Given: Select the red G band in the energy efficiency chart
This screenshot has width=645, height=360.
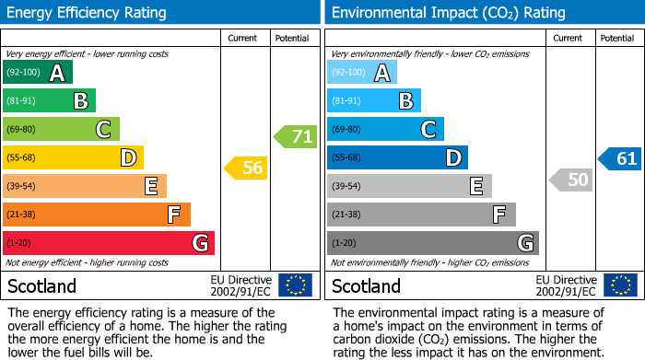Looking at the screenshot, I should tap(109, 243).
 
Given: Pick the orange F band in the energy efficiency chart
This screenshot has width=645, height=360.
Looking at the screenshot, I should tap(97, 215).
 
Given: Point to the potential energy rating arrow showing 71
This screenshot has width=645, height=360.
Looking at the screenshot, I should tap(296, 137).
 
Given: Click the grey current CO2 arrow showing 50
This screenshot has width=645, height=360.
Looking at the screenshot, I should tap(571, 180).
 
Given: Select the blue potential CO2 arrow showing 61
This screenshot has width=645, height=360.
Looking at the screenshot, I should tap(620, 158).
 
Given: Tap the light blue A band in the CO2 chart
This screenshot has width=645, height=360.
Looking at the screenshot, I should tap(362, 73).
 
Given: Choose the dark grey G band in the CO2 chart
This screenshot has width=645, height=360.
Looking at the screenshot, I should tap(432, 243).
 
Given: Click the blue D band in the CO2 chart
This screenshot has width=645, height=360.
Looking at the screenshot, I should tap(397, 158).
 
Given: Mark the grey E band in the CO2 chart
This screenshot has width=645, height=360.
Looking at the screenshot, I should tap(409, 186).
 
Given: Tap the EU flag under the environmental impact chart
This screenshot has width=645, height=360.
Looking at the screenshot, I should tap(622, 285).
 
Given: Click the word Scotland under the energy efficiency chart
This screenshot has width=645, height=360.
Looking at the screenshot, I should tap(42, 285).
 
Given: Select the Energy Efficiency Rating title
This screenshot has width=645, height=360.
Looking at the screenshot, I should tap(88, 13).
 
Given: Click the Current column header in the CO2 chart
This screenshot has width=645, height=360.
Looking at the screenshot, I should tap(569, 38).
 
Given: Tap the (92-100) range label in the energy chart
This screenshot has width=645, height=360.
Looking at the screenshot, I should tap(22, 73).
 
